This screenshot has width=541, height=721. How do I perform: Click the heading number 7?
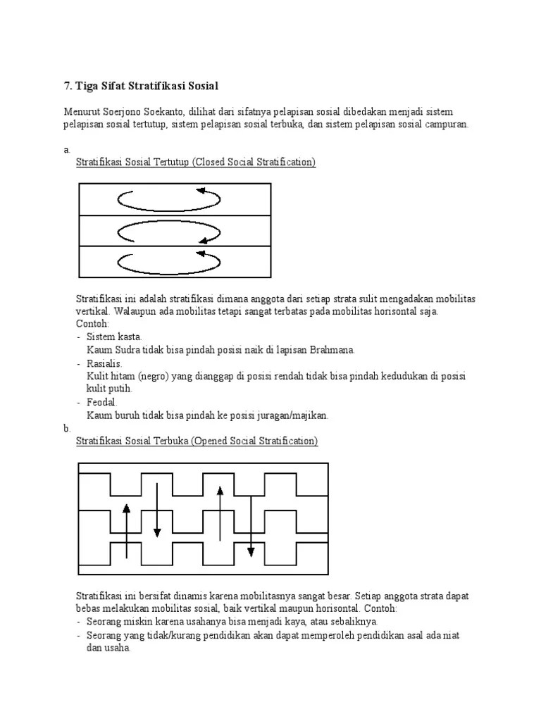click(68, 86)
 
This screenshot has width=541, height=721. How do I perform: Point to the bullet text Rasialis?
click(105, 363)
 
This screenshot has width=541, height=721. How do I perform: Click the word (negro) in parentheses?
click(150, 376)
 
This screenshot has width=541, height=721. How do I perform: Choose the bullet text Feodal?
click(102, 402)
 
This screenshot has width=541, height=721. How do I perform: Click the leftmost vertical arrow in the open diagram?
click(126, 531)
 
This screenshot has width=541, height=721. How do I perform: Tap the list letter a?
click(66, 150)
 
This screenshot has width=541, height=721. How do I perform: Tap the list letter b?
click(66, 428)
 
